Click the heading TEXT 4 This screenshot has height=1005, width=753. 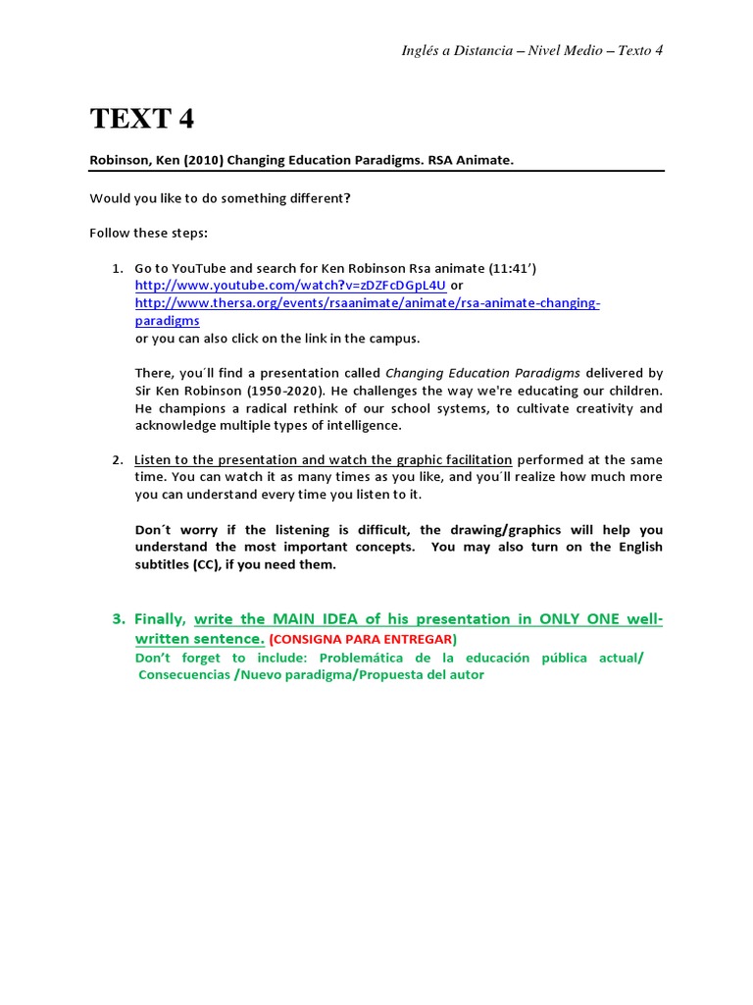(x=142, y=119)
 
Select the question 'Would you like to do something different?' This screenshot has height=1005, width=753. (x=220, y=198)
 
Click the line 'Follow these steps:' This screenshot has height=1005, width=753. (x=148, y=234)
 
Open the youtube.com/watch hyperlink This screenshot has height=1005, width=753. (x=290, y=286)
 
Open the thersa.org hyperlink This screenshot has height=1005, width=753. (x=367, y=303)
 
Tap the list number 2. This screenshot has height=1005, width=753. (x=116, y=460)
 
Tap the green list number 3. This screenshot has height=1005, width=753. (x=118, y=619)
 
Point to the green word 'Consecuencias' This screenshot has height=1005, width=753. (x=184, y=675)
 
